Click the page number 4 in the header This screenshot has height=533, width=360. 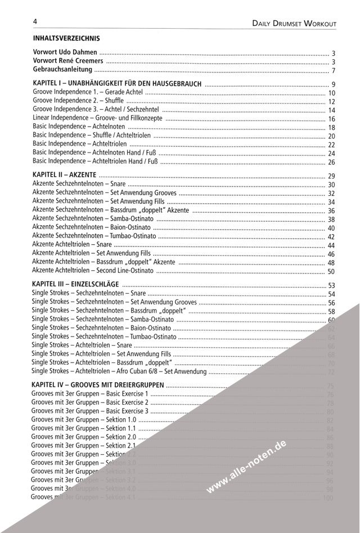35,21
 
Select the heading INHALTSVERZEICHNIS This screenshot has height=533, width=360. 66,39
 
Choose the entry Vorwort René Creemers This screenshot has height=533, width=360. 68,61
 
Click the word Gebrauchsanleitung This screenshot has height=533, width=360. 62,70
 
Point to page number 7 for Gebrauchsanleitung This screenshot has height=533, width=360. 334,71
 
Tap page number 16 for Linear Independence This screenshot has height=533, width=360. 331,119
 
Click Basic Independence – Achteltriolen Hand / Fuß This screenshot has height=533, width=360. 96,162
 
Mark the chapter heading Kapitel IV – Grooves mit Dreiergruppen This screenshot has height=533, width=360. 98,385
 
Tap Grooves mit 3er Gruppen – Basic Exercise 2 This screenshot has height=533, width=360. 90,402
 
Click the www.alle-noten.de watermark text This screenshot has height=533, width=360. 247,468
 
